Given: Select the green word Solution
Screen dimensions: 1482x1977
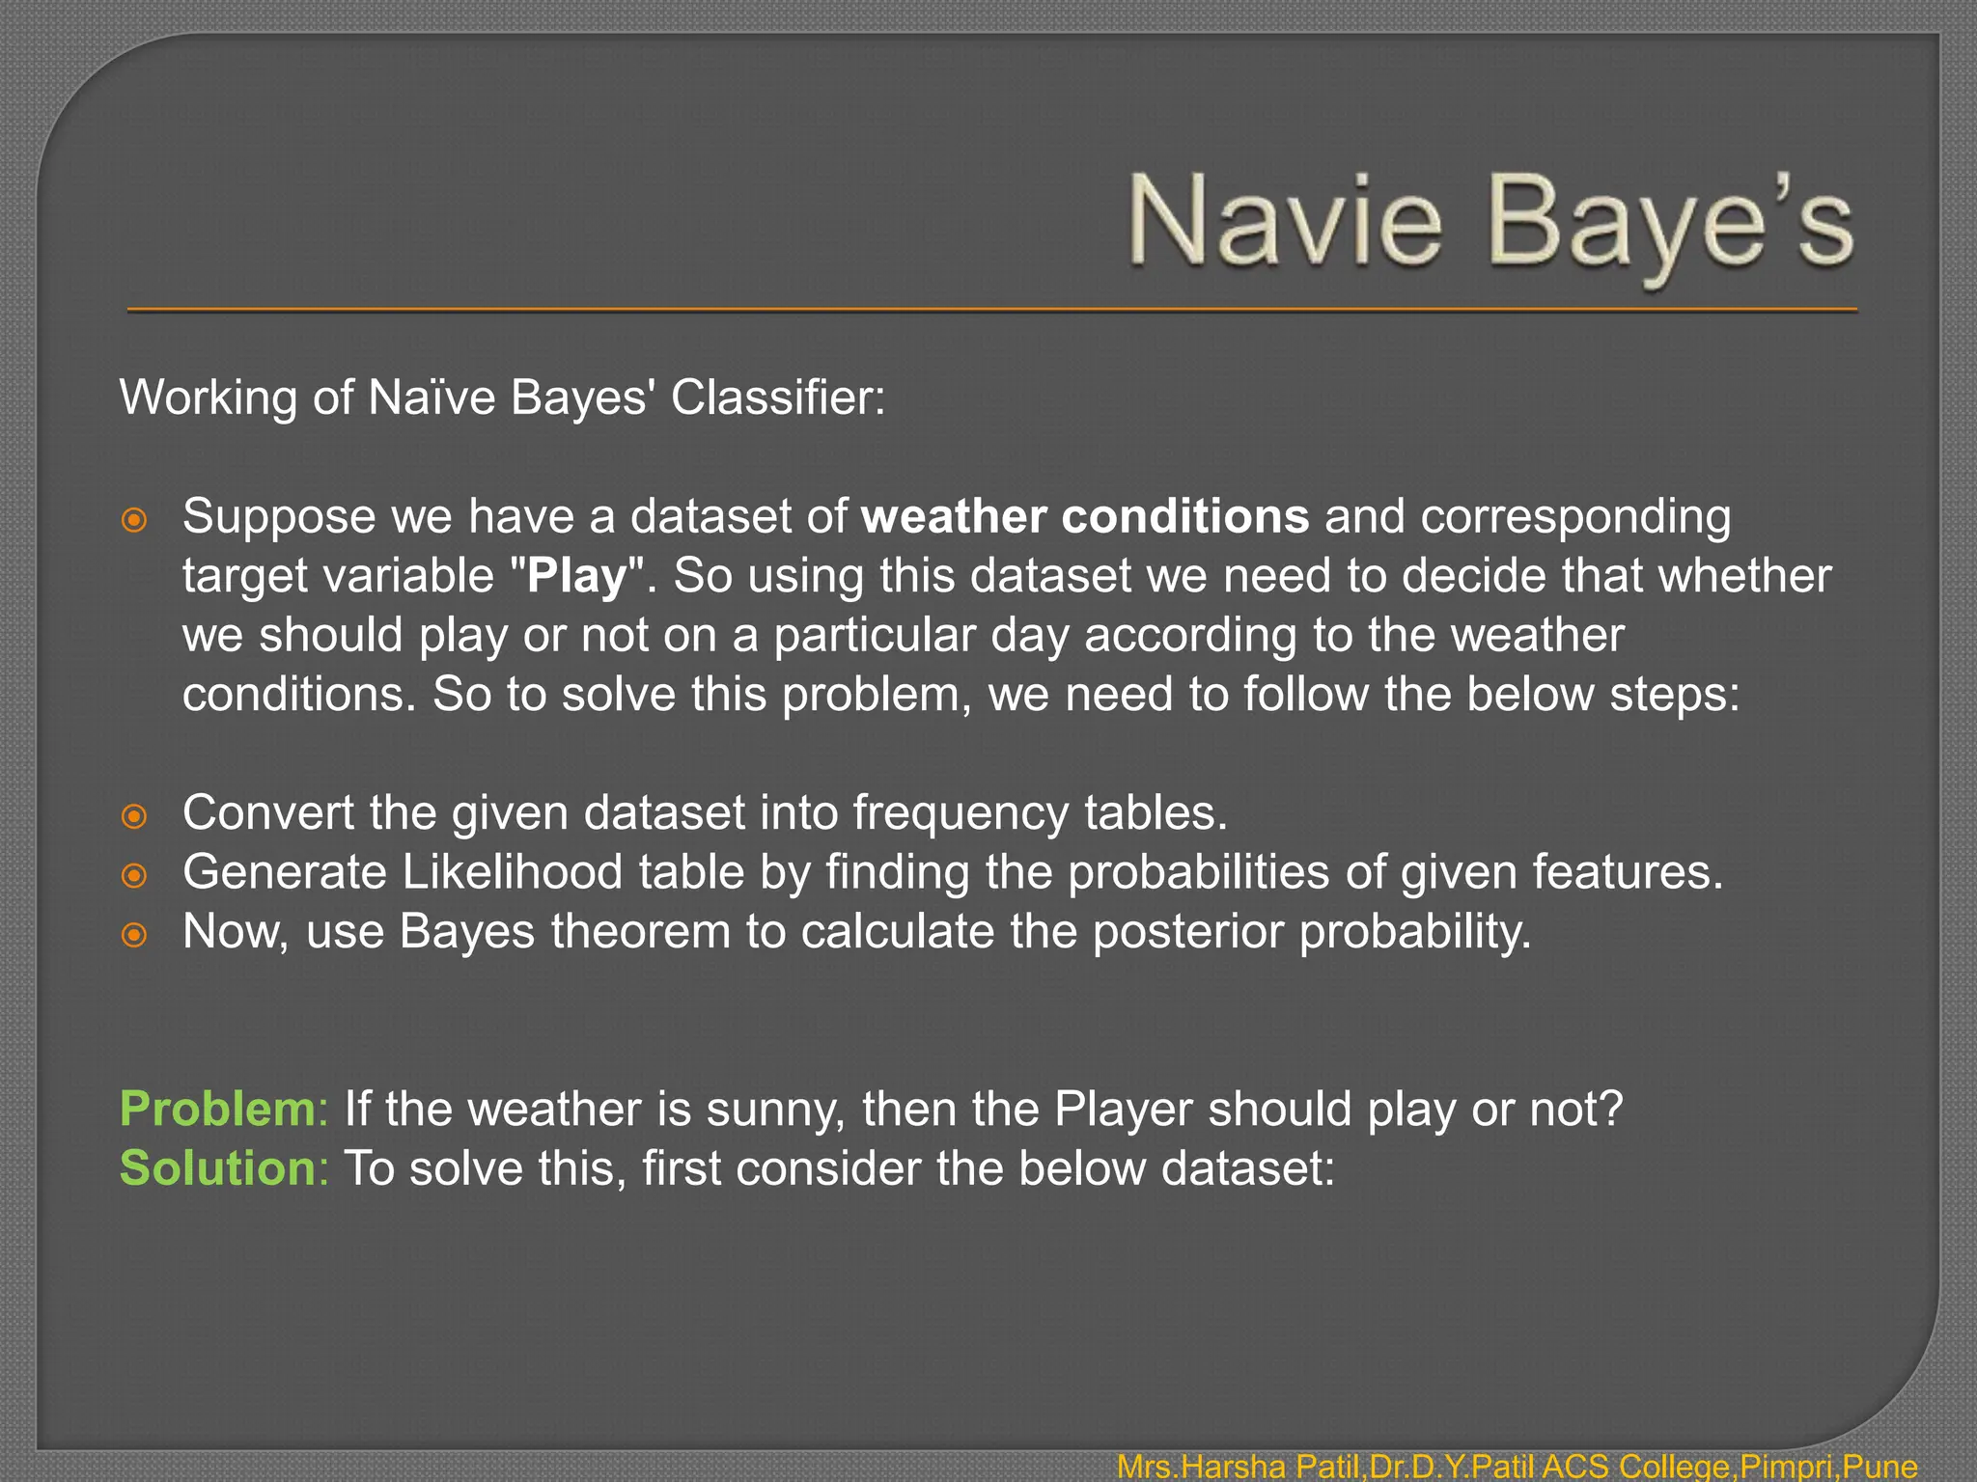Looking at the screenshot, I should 216,1168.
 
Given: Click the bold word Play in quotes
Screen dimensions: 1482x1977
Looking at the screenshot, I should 577,576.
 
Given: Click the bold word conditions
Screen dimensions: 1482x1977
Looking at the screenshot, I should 1184,516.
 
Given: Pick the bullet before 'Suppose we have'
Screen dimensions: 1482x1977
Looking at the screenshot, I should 135,520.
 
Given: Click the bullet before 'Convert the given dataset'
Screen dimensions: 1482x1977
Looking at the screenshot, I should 135,816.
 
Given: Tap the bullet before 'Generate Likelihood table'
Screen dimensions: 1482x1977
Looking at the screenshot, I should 135,876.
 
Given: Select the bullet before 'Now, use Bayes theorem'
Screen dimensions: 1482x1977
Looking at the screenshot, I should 135,935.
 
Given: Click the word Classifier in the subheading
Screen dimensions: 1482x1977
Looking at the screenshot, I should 777,398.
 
